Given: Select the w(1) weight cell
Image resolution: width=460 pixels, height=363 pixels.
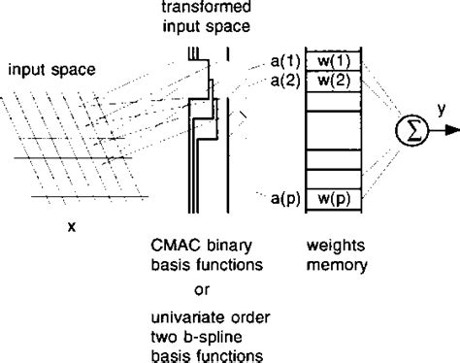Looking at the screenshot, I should click(x=327, y=60).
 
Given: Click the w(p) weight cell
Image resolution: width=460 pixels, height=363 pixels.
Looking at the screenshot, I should click(x=327, y=199).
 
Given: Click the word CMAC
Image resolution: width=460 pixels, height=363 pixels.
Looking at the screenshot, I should click(x=174, y=243).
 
